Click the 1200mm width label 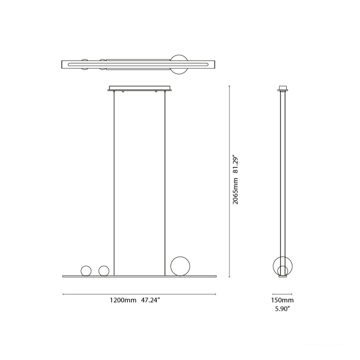(123, 300)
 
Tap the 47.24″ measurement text (151, 300)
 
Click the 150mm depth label (282, 300)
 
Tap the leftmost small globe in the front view (85, 271)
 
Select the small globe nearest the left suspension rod (104, 271)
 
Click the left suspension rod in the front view (114, 180)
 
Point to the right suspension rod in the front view (165, 180)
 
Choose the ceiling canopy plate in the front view (140, 88)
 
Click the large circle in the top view (180, 65)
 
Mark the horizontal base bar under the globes (139, 276)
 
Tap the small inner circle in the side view (283, 271)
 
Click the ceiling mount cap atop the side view (283, 88)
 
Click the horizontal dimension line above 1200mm (139, 294)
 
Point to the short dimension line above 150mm (283, 294)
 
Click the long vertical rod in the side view (283, 180)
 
